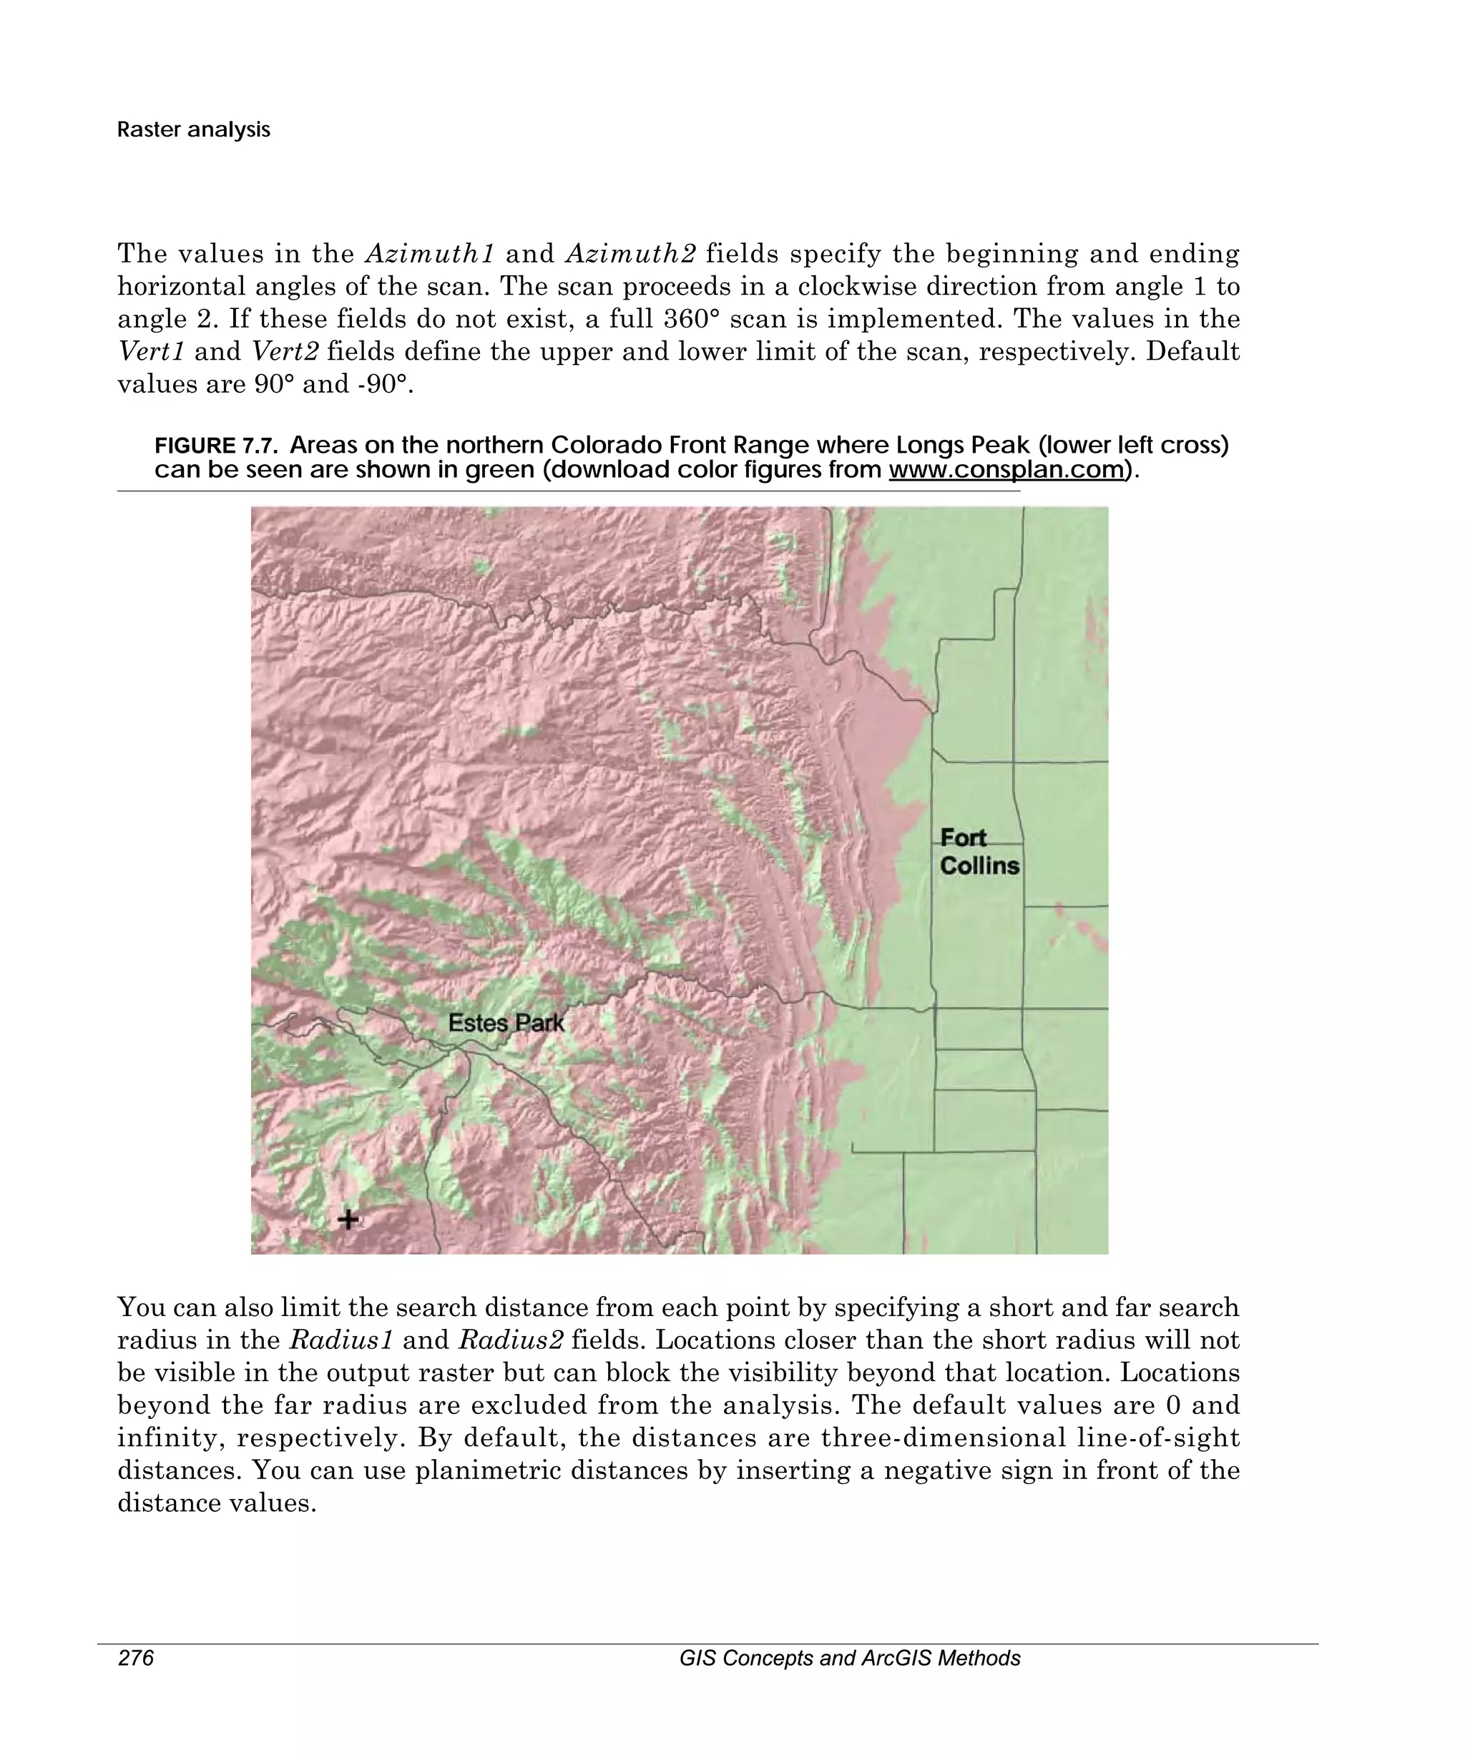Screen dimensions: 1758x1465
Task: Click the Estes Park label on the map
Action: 506,1023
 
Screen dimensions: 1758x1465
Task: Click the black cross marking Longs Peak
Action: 348,1219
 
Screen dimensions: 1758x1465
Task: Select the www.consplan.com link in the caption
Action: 1006,470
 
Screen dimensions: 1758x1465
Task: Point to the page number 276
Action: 136,1659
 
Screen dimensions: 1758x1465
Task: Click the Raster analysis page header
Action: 193,129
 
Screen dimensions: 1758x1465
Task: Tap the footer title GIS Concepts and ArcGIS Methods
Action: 849,1659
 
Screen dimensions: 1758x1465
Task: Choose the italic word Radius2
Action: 511,1340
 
